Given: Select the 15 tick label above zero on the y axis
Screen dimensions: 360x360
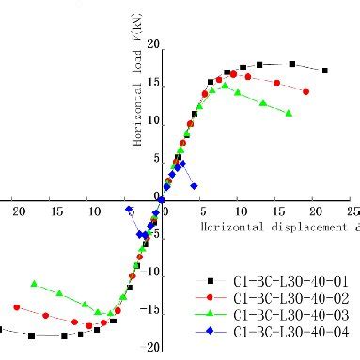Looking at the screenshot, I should point(153,83).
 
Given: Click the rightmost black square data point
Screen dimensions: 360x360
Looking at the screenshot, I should point(325,70).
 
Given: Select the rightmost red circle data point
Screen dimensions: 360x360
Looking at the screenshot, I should point(306,91).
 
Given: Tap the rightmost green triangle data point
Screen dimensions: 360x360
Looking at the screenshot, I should point(289,113).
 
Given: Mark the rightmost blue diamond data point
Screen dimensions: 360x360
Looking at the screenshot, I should point(194,186).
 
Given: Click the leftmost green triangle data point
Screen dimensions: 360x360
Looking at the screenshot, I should point(34,283).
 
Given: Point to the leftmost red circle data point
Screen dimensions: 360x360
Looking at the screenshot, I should point(16,307).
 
